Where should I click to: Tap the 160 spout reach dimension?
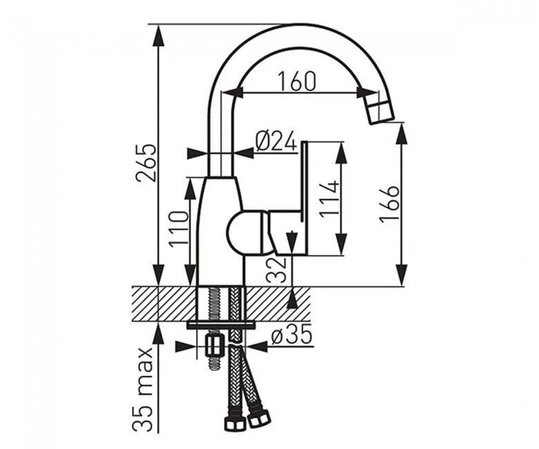tap(296, 82)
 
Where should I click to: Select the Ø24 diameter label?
tap(276, 141)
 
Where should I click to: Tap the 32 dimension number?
tap(276, 269)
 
